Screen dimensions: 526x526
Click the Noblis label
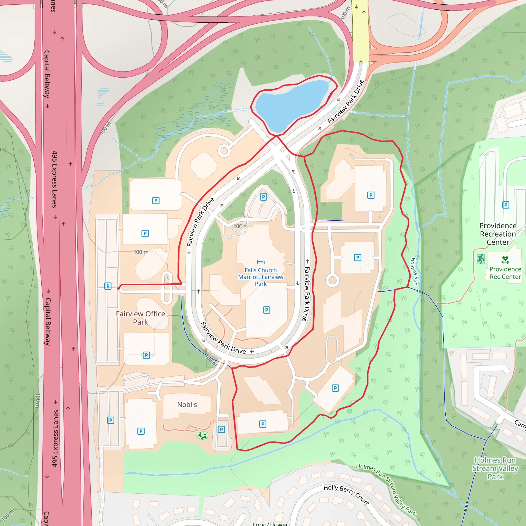pyautogui.click(x=187, y=405)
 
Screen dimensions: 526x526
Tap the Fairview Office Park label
pyautogui.click(x=140, y=318)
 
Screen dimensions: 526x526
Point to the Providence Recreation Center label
pyautogui.click(x=498, y=234)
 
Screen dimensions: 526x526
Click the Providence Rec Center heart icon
pyautogui.click(x=505, y=260)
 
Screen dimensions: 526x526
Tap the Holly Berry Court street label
pyautogui.click(x=346, y=494)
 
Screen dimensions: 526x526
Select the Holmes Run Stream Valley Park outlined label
pyautogui.click(x=495, y=468)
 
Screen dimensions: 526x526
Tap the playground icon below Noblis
pyautogui.click(x=202, y=435)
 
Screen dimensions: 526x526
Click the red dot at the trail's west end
pyautogui.click(x=118, y=288)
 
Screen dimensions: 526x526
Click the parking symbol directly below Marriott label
pyautogui.click(x=266, y=310)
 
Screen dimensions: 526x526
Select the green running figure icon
pyautogui.click(x=481, y=259)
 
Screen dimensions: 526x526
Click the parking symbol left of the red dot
pyautogui.click(x=108, y=286)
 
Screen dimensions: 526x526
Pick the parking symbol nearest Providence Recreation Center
pyautogui.click(x=505, y=205)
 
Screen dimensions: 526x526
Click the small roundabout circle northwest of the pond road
pyautogui.click(x=224, y=151)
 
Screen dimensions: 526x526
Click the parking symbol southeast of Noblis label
pyautogui.click(x=221, y=430)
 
